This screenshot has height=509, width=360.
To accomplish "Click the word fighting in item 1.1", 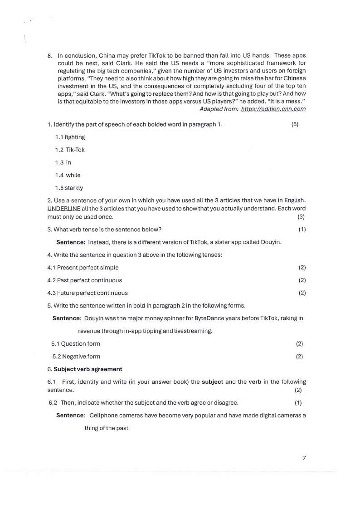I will pos(75,137).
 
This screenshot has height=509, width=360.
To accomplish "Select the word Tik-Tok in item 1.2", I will pos(75,150).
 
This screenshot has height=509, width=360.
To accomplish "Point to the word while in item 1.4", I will pos(73,175).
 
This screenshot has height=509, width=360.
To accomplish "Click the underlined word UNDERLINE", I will pos(64,208).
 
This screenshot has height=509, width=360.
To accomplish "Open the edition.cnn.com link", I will pos(273,109).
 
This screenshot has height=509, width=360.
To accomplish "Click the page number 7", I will pos(304,458).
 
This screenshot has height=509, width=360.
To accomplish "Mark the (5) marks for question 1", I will pos(295,124).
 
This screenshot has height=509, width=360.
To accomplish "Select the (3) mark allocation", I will pos(301,216).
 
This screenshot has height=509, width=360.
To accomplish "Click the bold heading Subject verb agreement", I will pos(88,369).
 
